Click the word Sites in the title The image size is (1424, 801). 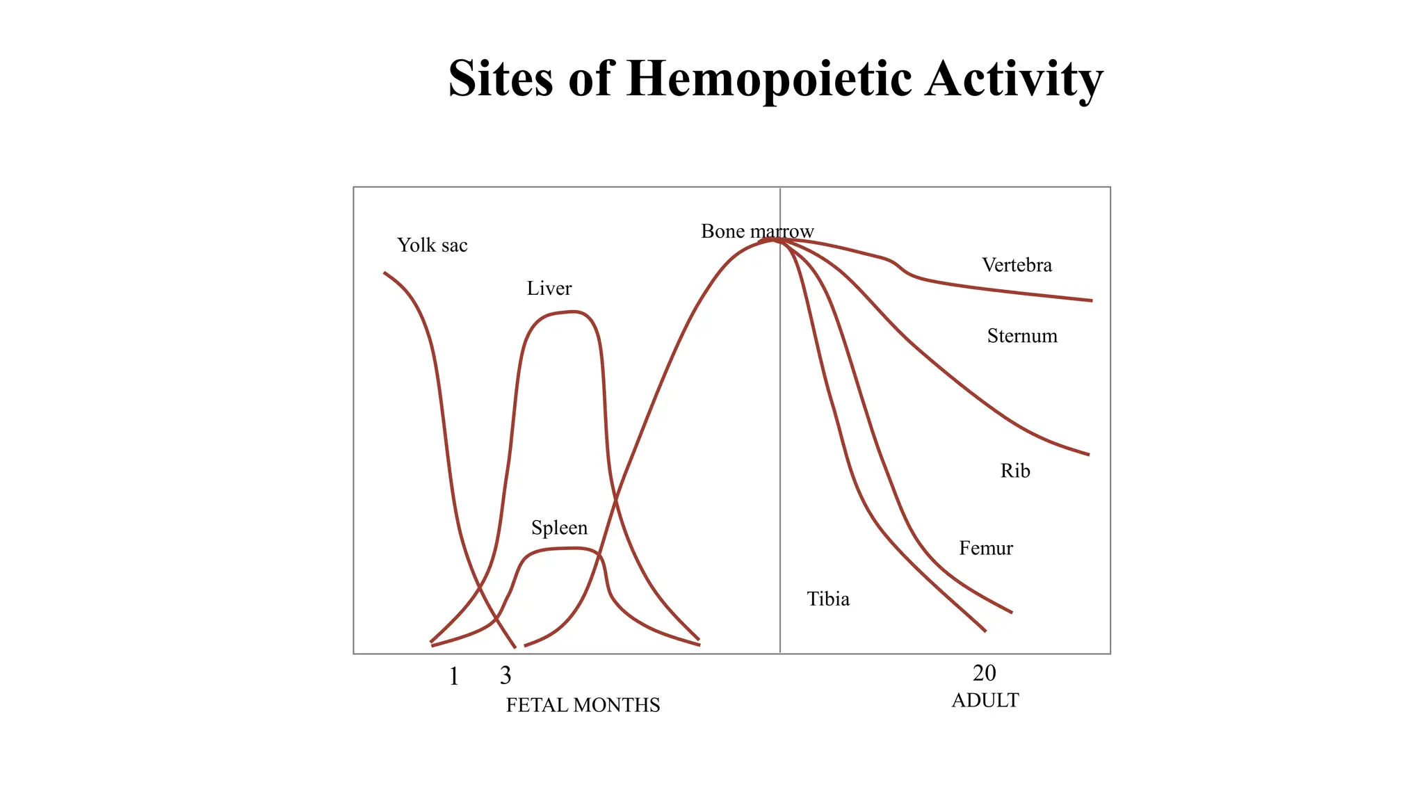point(501,78)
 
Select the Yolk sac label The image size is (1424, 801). point(432,245)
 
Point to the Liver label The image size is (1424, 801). point(549,289)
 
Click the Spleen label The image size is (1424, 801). point(559,528)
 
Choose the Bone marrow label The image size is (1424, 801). point(756,231)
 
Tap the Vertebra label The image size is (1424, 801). point(1017,265)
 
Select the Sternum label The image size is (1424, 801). point(1022,336)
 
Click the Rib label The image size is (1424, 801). point(1014,471)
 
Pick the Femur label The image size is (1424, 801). point(985,548)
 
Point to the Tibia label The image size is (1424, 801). point(828,599)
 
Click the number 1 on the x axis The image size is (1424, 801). point(453,676)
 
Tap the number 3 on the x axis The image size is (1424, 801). point(505,675)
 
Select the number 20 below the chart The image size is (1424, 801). point(984,673)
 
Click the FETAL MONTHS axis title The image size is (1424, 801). point(583,705)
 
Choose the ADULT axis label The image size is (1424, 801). point(985,700)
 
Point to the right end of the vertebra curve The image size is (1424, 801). point(1090,300)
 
